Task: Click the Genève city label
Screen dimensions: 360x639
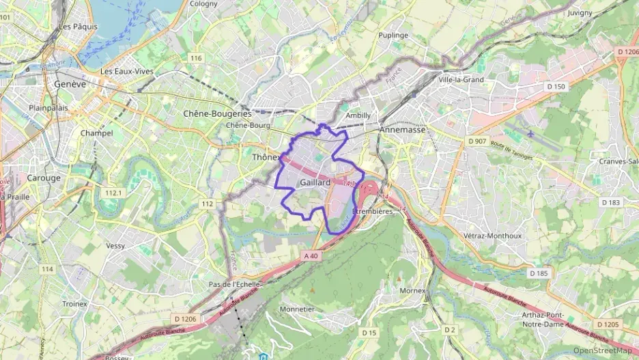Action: [x=70, y=85]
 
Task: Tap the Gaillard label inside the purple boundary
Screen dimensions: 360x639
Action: [x=315, y=183]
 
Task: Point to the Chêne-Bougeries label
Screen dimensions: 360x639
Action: [x=217, y=113]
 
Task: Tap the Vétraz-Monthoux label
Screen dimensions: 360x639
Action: [x=492, y=236]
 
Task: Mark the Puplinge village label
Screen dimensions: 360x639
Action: [x=393, y=35]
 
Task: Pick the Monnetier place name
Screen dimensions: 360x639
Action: [x=297, y=309]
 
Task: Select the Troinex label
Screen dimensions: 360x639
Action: [x=74, y=303]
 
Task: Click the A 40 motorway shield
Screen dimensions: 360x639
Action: [x=311, y=255]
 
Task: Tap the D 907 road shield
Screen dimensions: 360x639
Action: [x=477, y=141]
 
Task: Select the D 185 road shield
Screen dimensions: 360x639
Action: [x=538, y=273]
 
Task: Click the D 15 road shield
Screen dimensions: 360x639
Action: [x=369, y=333]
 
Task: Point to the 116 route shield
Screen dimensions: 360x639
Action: [x=197, y=58]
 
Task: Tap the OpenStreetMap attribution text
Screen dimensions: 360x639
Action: [x=602, y=351]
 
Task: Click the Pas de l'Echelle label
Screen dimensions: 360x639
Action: [x=233, y=284]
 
